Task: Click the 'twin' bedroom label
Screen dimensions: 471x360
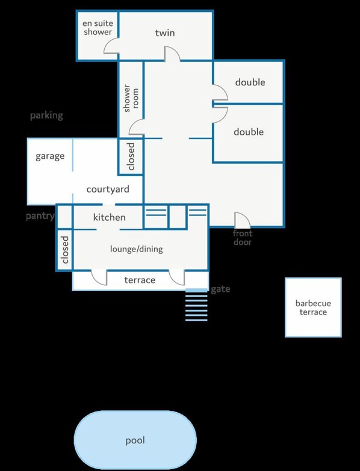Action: pos(164,33)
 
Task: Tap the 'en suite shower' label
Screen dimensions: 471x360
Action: pos(98,28)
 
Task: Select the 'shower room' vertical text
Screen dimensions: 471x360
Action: pos(127,97)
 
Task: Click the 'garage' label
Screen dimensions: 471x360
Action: pos(50,156)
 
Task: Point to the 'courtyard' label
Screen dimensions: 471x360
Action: pos(108,189)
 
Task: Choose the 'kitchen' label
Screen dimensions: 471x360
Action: pos(109,217)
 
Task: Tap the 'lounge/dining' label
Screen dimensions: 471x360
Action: pos(136,249)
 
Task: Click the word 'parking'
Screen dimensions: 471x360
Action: pos(46,115)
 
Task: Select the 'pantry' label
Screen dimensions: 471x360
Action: pos(40,215)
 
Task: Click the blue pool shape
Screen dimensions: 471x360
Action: pos(135,440)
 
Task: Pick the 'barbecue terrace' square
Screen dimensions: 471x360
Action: pos(313,307)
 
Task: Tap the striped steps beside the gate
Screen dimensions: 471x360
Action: pos(196,305)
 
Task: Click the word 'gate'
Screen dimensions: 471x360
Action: pos(220,289)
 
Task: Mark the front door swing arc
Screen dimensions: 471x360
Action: pos(242,220)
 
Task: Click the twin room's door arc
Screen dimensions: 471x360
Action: pos(172,54)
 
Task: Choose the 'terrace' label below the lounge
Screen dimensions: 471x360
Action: pos(140,280)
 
